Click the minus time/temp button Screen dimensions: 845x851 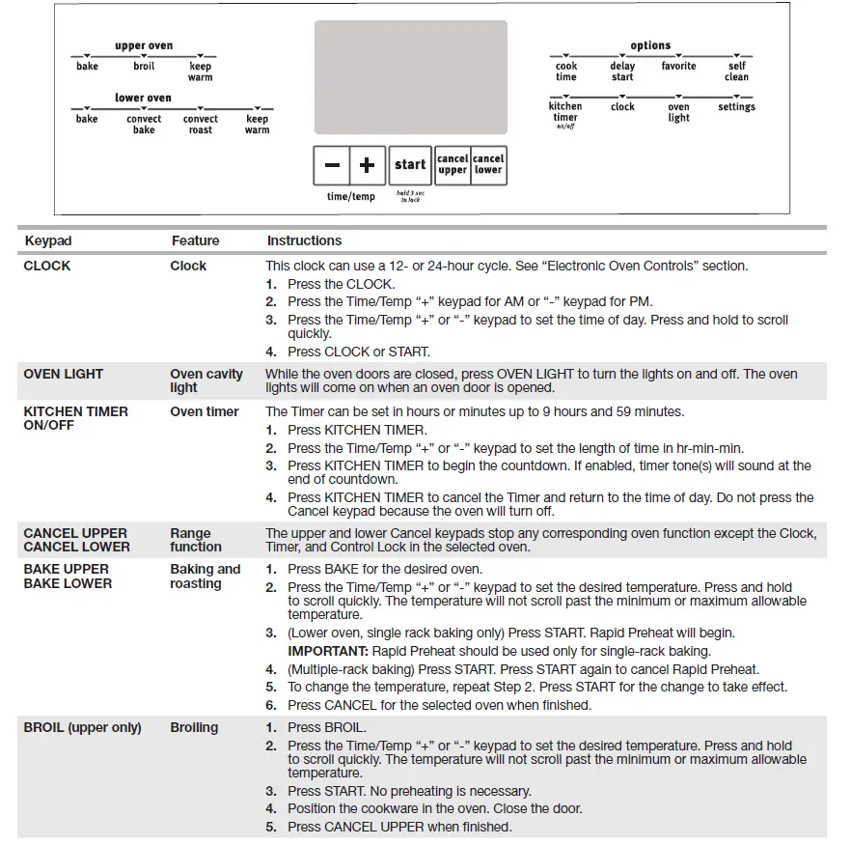point(332,165)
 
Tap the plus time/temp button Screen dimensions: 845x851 point(367,165)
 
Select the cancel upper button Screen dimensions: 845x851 point(453,165)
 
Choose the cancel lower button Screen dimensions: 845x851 point(488,165)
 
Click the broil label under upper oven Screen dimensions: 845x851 point(144,67)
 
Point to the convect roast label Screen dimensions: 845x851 point(201,125)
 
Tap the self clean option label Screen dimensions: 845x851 point(736,71)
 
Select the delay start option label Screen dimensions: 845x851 point(622,71)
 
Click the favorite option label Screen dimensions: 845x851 point(678,67)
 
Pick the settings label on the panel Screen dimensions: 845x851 point(736,107)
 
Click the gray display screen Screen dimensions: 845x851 point(410,77)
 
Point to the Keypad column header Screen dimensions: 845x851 point(48,240)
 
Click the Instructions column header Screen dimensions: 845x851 point(304,240)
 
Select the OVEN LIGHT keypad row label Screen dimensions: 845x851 point(64,374)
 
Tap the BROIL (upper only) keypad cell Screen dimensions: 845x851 point(82,727)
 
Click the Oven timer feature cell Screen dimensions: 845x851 point(205,411)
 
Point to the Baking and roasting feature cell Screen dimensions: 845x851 point(205,577)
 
